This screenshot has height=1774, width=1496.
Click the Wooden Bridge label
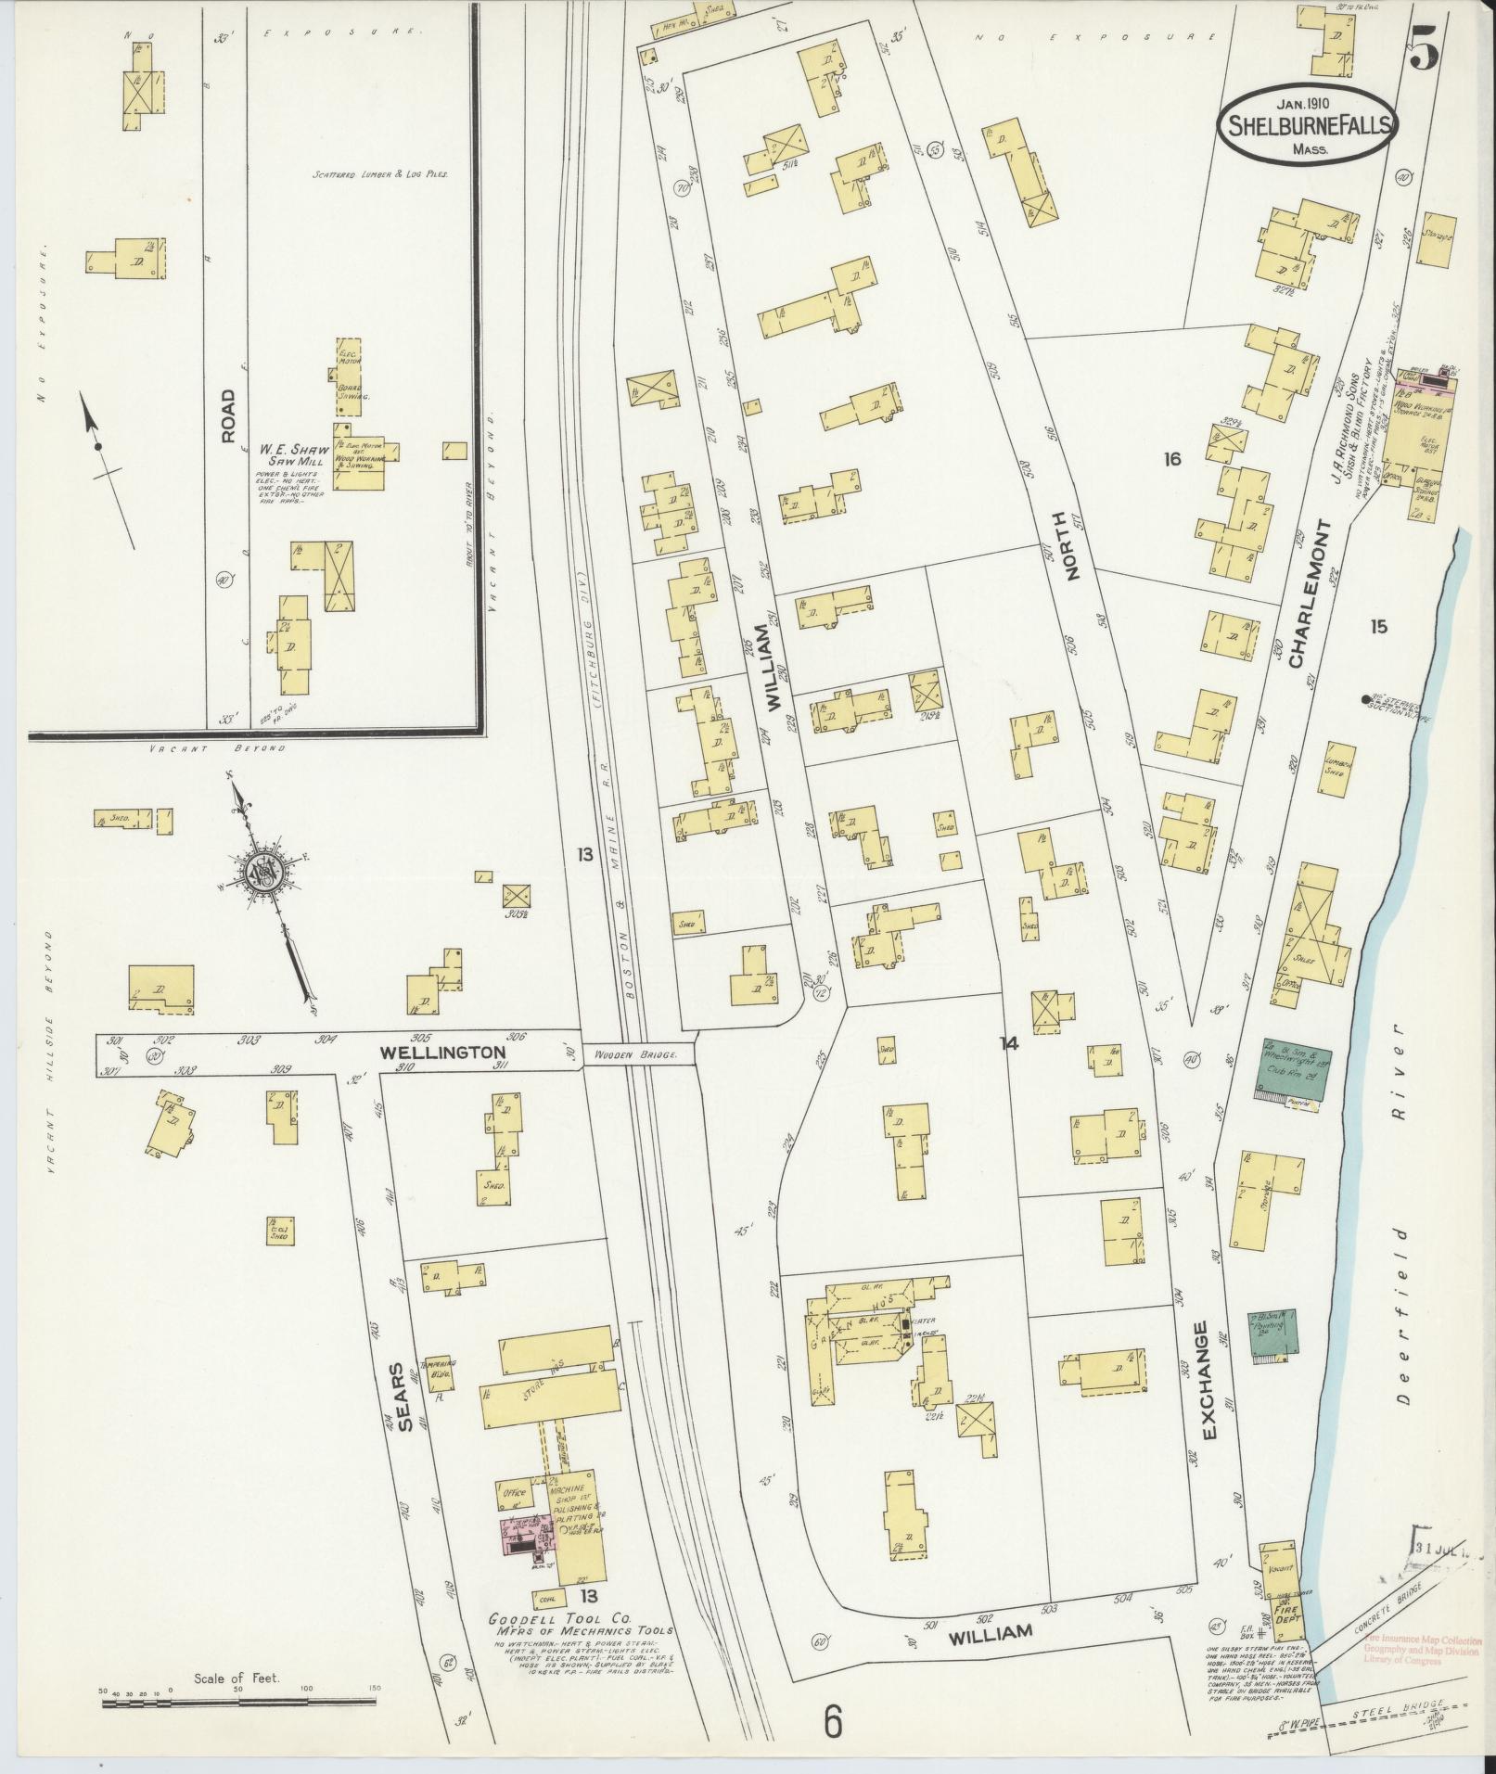638,1054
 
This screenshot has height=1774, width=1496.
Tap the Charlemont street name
1309,593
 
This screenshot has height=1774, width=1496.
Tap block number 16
1172,459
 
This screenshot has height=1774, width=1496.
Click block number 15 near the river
1378,628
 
